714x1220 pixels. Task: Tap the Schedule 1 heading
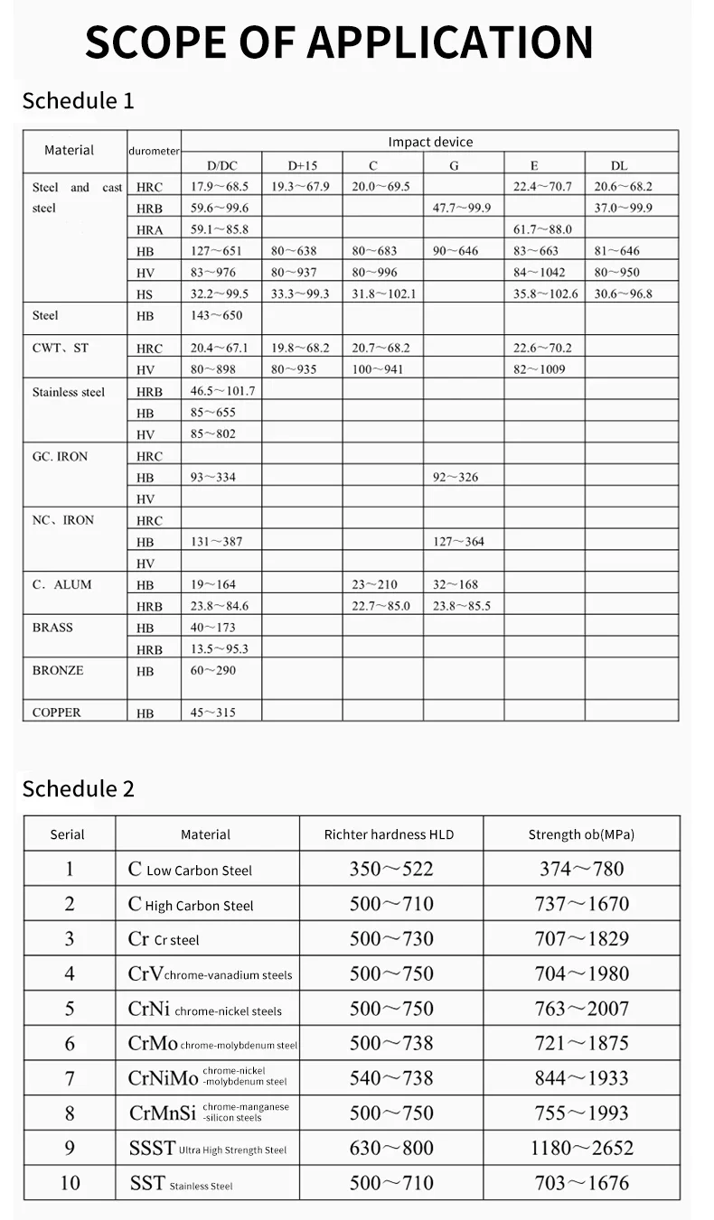click(x=78, y=100)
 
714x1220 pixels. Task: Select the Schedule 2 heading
click(x=78, y=788)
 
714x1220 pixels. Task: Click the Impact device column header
click(x=430, y=142)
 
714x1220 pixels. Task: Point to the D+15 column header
click(x=303, y=165)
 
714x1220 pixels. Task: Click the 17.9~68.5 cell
click(x=219, y=187)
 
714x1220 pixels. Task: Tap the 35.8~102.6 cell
click(x=545, y=293)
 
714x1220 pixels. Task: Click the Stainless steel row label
click(x=69, y=392)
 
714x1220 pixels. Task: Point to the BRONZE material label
click(x=58, y=671)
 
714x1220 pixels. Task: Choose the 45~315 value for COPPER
click(x=212, y=712)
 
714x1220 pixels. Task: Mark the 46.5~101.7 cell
click(x=222, y=391)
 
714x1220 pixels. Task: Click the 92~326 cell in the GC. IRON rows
click(x=456, y=477)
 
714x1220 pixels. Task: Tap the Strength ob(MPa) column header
click(x=581, y=834)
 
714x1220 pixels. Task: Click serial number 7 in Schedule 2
click(x=70, y=1078)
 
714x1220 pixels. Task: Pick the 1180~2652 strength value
click(x=581, y=1148)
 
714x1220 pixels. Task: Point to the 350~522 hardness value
click(x=391, y=869)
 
